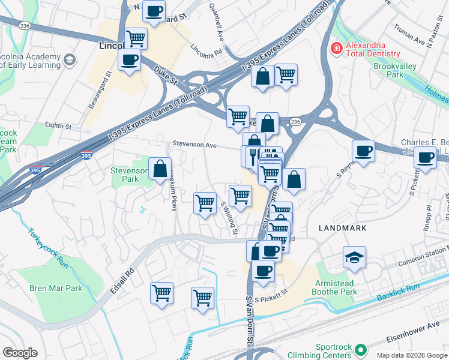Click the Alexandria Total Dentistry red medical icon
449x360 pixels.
pyautogui.click(x=337, y=47)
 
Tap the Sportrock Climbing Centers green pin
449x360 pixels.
pyautogui.click(x=360, y=349)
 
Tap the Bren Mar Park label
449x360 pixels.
pyautogui.click(x=56, y=288)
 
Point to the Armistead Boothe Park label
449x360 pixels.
pyautogui.click(x=334, y=288)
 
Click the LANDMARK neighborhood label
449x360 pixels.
pyautogui.click(x=342, y=228)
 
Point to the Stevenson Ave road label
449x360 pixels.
pyautogui.click(x=194, y=145)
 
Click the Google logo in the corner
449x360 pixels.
pyautogui.click(x=20, y=353)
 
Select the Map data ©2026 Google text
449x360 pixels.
pyautogui.click(x=411, y=355)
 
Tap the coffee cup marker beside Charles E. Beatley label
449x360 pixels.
pyautogui.click(x=425, y=158)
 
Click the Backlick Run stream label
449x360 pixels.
pyautogui.click(x=398, y=293)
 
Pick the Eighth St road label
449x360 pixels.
pyautogui.click(x=58, y=127)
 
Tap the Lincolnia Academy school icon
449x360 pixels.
pyautogui.click(x=70, y=60)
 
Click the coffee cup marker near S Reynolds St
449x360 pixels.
pyautogui.click(x=363, y=151)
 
